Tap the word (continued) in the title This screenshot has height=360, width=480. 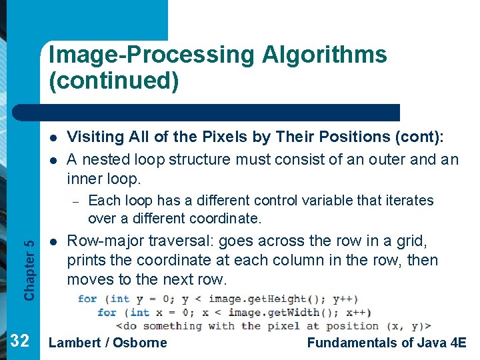click(113, 81)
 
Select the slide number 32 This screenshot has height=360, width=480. click(20, 342)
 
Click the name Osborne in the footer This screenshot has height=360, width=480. click(140, 343)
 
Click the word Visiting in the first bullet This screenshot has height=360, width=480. click(95, 137)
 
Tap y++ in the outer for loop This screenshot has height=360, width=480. click(344, 299)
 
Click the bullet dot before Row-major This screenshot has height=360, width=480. click(51, 241)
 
